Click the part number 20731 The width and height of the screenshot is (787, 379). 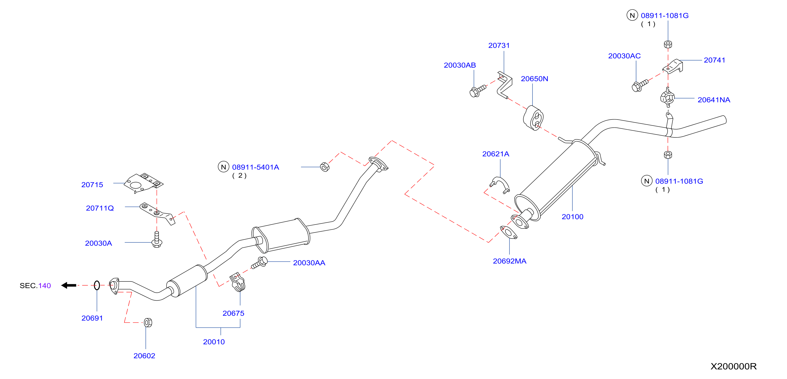click(x=499, y=45)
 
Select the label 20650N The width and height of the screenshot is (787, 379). click(x=534, y=79)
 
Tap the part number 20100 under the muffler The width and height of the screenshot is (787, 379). click(x=572, y=217)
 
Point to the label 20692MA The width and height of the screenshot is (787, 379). click(x=509, y=261)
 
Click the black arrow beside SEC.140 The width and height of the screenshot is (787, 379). click(x=69, y=285)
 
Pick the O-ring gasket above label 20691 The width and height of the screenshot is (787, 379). click(x=97, y=285)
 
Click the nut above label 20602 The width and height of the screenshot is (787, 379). click(x=148, y=323)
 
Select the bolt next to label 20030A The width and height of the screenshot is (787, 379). click(x=157, y=240)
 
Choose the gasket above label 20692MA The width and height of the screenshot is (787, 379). click(x=509, y=232)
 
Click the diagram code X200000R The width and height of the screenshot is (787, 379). click(x=734, y=366)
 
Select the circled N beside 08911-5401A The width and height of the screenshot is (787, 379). click(x=223, y=167)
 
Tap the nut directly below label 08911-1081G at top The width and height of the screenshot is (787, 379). click(x=668, y=44)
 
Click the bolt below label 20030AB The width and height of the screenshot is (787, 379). click(x=478, y=91)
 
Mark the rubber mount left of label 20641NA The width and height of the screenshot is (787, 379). click(x=667, y=97)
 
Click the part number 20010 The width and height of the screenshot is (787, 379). click(x=214, y=342)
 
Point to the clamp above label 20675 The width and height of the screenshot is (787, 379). click(x=237, y=282)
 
